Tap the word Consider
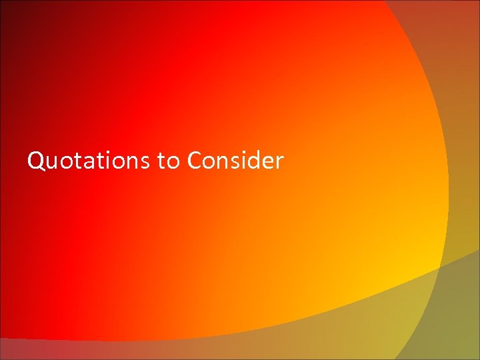point(236,161)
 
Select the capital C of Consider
point(195,161)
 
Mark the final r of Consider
point(280,162)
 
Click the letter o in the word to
point(173,162)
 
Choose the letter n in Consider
point(225,162)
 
